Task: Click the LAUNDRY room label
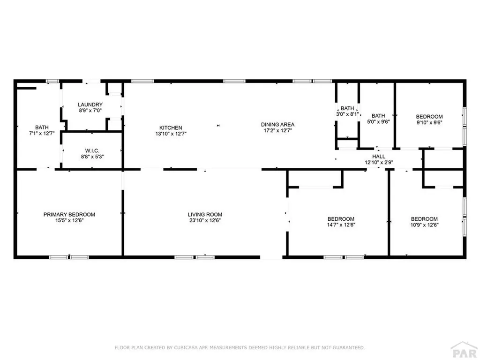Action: (90, 105)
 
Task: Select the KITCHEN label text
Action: (171, 127)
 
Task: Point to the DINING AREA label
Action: (277, 124)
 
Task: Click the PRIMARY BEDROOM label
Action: (69, 215)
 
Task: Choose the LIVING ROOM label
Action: (202, 215)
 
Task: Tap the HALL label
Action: (379, 156)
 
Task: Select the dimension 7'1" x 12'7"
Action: (42, 133)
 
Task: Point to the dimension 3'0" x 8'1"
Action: (347, 114)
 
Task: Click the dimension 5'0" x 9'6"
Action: (378, 121)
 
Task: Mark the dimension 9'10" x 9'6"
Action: (429, 122)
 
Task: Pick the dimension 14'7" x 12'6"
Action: (341, 225)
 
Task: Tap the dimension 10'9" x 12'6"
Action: (424, 225)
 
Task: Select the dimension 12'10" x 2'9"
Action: (379, 162)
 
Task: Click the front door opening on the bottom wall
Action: (271, 257)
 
